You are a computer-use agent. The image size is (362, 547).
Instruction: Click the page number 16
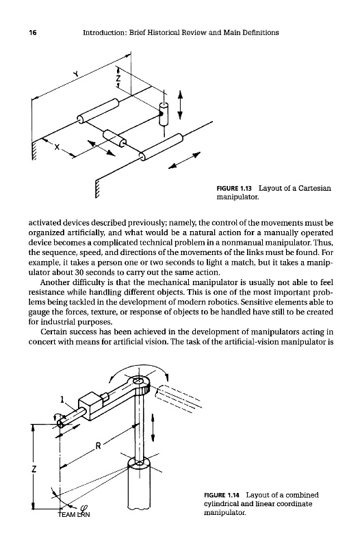click(x=33, y=33)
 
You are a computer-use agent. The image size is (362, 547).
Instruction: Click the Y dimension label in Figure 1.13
click(x=75, y=73)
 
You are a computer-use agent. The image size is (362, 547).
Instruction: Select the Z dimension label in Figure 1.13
click(x=118, y=78)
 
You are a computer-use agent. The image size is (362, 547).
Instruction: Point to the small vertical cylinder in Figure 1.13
click(x=164, y=114)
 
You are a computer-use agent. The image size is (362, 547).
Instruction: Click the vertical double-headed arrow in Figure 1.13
click(x=180, y=105)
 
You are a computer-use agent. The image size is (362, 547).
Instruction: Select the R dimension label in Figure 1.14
click(x=98, y=446)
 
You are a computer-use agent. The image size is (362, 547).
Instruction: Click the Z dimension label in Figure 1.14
click(x=34, y=469)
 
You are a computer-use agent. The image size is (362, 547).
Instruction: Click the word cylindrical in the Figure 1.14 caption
click(x=220, y=504)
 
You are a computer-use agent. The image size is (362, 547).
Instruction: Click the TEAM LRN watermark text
click(x=74, y=515)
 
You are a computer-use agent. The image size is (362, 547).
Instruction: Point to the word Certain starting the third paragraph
click(x=52, y=332)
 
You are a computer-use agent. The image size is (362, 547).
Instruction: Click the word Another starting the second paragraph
click(x=53, y=282)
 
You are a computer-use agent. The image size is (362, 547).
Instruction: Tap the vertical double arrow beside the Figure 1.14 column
click(x=153, y=427)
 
